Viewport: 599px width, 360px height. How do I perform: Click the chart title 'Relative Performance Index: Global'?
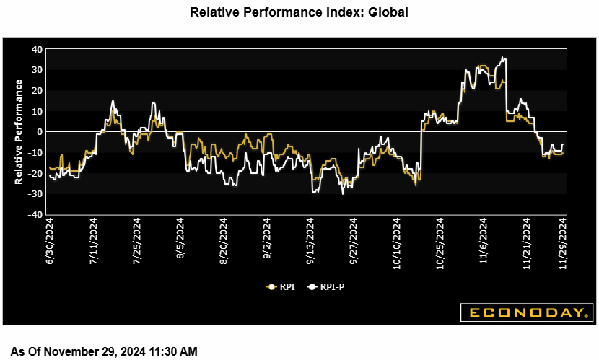coord(299,12)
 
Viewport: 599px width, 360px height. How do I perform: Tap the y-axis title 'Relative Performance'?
coord(19,131)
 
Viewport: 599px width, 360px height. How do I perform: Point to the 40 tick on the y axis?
coord(37,49)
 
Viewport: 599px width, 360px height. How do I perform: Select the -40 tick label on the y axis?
coord(35,215)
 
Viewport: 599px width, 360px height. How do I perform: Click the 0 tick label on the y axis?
coord(40,132)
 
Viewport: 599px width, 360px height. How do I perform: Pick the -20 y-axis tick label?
coord(35,174)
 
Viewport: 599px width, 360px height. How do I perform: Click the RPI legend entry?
coord(281,286)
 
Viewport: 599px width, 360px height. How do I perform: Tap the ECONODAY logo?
coord(526,312)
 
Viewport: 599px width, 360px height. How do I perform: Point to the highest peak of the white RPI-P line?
coord(502,58)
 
